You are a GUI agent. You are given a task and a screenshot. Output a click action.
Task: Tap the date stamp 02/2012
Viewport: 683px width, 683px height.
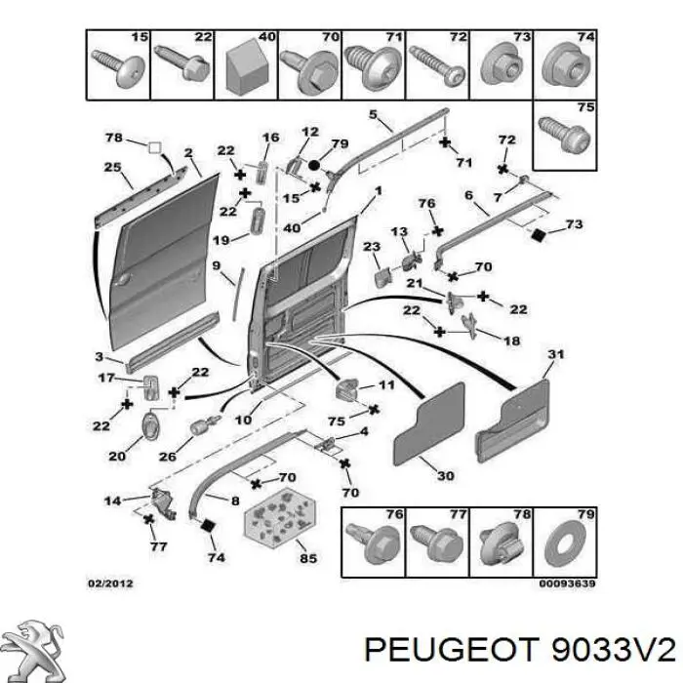pyautogui.click(x=110, y=583)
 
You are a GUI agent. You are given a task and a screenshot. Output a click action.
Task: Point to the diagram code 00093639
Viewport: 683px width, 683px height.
pyautogui.click(x=567, y=583)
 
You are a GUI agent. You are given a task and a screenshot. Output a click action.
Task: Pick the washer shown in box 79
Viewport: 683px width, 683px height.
pyautogui.click(x=565, y=544)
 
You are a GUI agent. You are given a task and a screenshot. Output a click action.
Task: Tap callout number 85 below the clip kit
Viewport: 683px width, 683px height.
pyautogui.click(x=308, y=558)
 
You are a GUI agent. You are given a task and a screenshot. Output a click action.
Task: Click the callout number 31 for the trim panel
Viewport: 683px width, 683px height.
pyautogui.click(x=556, y=354)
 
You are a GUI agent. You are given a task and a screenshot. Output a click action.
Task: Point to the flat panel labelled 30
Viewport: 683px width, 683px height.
pyautogui.click(x=429, y=424)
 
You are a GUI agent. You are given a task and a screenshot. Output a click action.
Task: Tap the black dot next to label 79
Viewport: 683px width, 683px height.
pyautogui.click(x=314, y=166)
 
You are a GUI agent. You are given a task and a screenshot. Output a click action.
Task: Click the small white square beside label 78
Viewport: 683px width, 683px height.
pyautogui.click(x=154, y=147)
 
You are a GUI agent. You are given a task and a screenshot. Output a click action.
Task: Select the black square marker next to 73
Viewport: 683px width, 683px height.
pyautogui.click(x=539, y=235)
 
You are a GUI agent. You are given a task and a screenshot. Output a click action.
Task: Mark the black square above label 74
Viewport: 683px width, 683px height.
pyautogui.click(x=207, y=525)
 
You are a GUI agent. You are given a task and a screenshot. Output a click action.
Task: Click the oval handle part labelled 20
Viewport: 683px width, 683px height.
pyautogui.click(x=150, y=425)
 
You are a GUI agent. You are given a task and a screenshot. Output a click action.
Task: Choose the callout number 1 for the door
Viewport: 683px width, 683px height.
pyautogui.click(x=379, y=191)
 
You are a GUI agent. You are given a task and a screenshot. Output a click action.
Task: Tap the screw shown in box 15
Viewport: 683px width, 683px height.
pyautogui.click(x=118, y=68)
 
